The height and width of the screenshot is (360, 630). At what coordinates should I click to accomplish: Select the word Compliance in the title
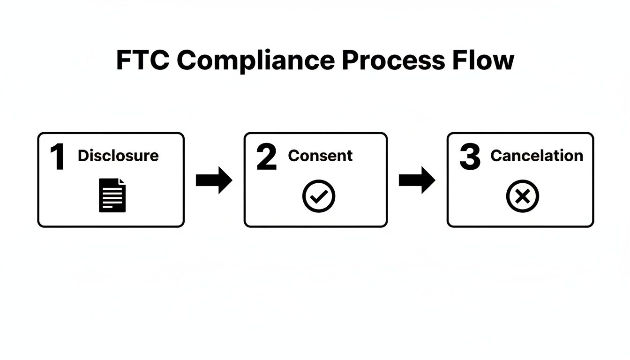(x=256, y=60)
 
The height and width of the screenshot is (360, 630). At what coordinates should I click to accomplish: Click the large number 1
(x=58, y=157)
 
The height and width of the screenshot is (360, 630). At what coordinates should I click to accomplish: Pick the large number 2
(x=267, y=157)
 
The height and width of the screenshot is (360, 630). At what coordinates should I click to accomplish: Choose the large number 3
(x=470, y=157)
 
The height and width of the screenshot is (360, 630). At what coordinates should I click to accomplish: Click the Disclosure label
(x=118, y=156)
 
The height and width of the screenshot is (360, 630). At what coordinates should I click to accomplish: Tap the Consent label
(x=320, y=156)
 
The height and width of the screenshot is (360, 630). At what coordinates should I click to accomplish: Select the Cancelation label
(x=537, y=156)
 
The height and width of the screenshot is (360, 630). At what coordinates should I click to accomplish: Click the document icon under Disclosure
(x=112, y=195)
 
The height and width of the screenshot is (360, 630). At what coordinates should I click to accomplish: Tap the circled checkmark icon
(x=319, y=196)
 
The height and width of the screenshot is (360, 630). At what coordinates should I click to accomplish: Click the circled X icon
(x=523, y=196)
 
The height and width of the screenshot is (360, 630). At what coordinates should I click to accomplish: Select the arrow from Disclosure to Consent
(x=214, y=180)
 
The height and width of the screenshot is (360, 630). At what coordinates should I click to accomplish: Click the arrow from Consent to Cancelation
(x=417, y=180)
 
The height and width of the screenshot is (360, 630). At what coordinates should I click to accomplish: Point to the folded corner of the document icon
(x=122, y=182)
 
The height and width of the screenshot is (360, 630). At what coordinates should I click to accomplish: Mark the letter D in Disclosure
(x=83, y=156)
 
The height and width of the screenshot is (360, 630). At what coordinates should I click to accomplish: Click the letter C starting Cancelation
(x=496, y=156)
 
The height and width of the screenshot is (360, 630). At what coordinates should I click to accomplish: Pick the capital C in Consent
(x=293, y=156)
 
